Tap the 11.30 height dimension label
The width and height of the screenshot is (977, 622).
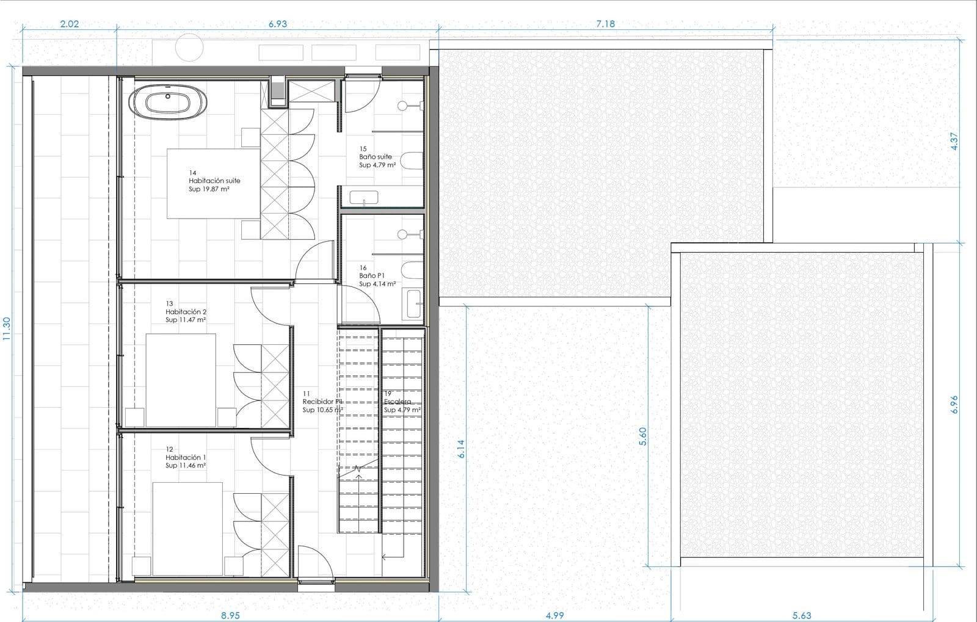click(x=7, y=328)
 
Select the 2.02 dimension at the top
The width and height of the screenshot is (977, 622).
click(x=70, y=24)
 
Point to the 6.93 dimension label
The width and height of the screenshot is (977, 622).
click(x=278, y=24)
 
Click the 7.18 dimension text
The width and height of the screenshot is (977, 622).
click(x=605, y=24)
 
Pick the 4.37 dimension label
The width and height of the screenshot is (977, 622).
click(x=954, y=141)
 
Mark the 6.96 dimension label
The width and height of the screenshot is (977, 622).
click(x=954, y=405)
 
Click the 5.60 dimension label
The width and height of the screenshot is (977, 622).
click(x=642, y=436)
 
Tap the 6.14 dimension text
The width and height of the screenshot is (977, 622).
click(x=461, y=449)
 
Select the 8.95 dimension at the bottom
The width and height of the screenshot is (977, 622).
click(x=230, y=615)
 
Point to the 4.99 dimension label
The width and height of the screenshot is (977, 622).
click(x=555, y=615)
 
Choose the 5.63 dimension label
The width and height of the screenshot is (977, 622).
click(x=802, y=615)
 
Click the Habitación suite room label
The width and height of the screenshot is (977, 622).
click(x=214, y=181)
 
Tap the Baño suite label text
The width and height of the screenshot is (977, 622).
click(x=376, y=157)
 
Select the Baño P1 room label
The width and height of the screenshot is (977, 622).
click(x=372, y=276)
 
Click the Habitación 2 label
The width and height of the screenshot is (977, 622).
click(x=186, y=312)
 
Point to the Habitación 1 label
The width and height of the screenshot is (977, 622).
click(x=186, y=457)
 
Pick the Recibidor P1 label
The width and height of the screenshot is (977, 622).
click(x=322, y=402)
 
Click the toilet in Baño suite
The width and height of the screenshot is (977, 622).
click(x=412, y=161)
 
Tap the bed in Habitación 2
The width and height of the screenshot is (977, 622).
click(x=181, y=380)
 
